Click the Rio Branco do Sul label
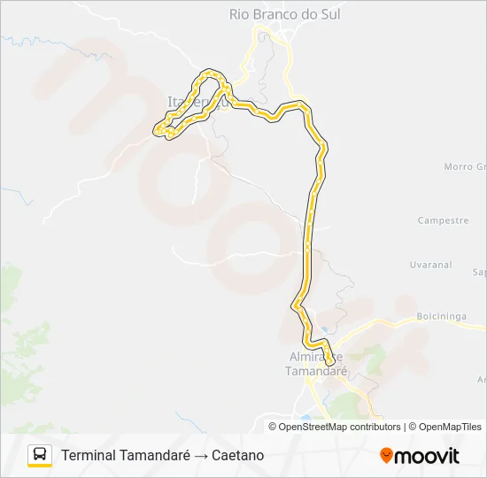coord(284,14)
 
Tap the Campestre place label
coord(442,220)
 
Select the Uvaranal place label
coord(431,265)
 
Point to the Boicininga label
coord(440,316)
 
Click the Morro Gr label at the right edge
coord(465,166)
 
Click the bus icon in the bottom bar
coord(40,455)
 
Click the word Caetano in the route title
coord(237,455)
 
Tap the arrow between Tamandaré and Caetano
coord(201,455)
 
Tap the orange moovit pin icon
coord(386,456)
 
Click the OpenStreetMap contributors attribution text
coord(339,427)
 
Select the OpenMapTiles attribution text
coord(451,427)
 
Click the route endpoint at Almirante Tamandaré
coord(329,361)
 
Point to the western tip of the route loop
coord(157,131)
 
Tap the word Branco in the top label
coord(284,14)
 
